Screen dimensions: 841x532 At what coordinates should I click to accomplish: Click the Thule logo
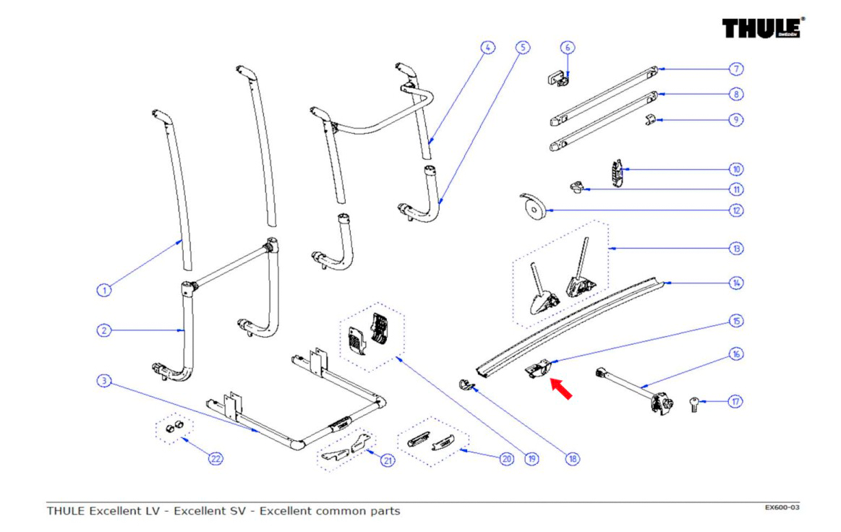click(763, 28)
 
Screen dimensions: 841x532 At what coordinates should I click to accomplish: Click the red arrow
click(562, 389)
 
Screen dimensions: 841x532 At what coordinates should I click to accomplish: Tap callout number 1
click(104, 290)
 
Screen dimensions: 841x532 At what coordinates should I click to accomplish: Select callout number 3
click(104, 381)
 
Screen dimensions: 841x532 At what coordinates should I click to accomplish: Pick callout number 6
click(568, 47)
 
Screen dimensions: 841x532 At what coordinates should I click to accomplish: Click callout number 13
click(736, 249)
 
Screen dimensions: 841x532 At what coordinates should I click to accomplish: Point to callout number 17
click(735, 401)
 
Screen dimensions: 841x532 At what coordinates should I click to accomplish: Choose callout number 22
click(215, 458)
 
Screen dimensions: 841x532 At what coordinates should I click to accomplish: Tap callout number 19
click(532, 458)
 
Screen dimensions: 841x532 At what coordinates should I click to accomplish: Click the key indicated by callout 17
click(695, 404)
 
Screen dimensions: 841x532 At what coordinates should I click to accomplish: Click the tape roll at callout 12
click(532, 207)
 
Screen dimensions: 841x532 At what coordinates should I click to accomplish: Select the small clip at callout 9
click(650, 119)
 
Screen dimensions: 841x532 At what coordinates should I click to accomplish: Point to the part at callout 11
click(576, 187)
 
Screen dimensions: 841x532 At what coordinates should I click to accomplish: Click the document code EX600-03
click(782, 507)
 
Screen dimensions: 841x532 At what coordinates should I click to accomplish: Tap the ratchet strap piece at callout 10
click(618, 173)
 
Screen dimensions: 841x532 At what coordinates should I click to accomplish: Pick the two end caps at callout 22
click(174, 427)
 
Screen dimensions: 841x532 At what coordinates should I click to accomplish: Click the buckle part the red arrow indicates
click(538, 369)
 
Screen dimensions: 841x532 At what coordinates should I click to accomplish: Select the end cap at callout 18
click(466, 384)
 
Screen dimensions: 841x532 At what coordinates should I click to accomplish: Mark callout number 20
click(507, 458)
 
